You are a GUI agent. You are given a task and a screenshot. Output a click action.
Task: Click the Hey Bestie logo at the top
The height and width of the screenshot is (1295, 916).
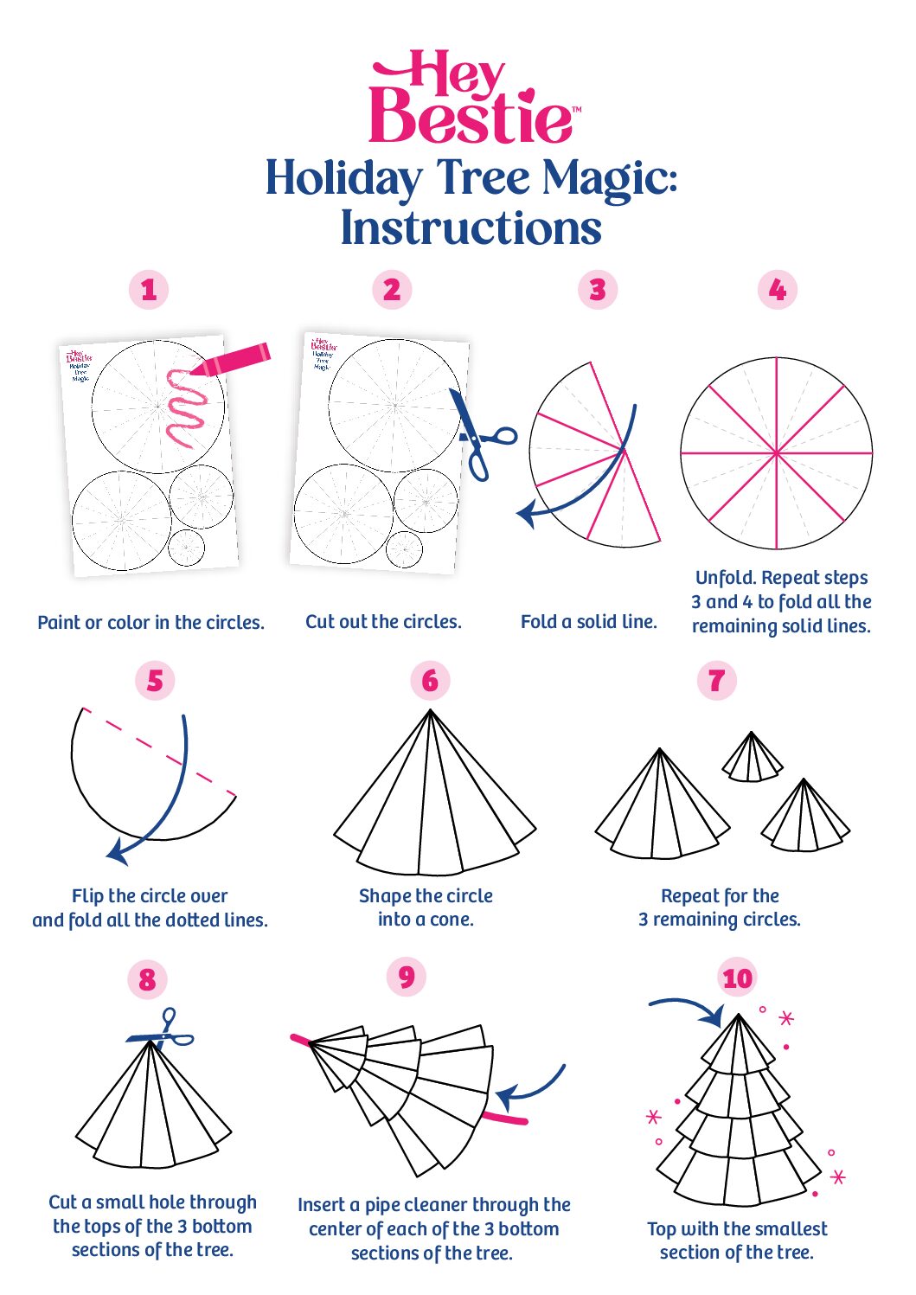click(x=471, y=98)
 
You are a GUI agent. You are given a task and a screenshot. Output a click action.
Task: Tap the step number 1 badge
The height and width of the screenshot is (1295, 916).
click(x=149, y=290)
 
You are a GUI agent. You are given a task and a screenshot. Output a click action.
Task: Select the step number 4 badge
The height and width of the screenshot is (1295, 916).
click(x=777, y=290)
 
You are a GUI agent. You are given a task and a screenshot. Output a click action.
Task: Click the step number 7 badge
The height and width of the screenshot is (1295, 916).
click(x=716, y=681)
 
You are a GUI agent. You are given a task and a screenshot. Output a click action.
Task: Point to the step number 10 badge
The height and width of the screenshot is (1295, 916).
click(x=737, y=978)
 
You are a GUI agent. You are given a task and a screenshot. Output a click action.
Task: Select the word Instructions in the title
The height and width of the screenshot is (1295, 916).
click(x=471, y=228)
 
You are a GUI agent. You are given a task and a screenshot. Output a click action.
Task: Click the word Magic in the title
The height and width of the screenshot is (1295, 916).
click(x=608, y=180)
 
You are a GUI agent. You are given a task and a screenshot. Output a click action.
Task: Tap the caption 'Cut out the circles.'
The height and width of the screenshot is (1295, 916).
click(x=383, y=622)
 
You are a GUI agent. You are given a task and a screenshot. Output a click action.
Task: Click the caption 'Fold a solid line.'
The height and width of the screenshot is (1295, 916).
click(x=588, y=622)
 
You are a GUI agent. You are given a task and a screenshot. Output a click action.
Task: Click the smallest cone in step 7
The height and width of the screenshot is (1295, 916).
click(x=752, y=758)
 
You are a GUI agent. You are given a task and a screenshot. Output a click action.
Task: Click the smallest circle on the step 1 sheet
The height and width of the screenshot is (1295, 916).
click(x=186, y=548)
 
